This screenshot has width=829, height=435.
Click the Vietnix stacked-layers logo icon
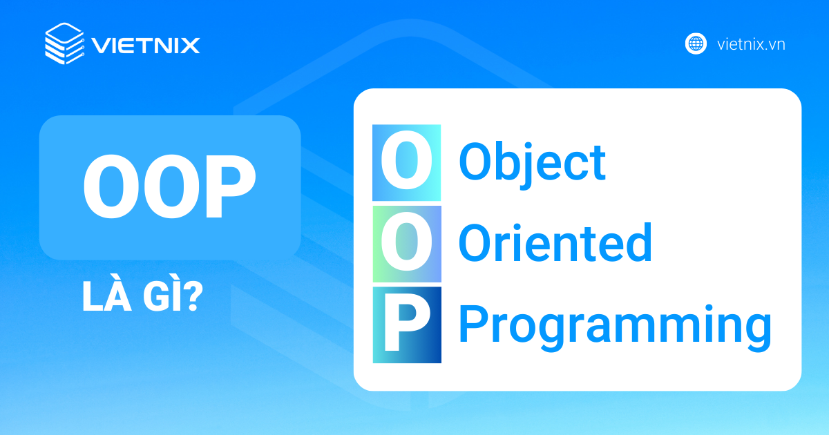pyautogui.click(x=65, y=43)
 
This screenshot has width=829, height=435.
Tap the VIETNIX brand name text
pyautogui.click(x=146, y=46)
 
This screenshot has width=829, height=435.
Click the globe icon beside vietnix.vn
pyautogui.click(x=696, y=43)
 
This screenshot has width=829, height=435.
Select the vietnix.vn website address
pyautogui.click(x=751, y=44)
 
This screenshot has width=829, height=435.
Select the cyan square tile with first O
pyautogui.click(x=407, y=163)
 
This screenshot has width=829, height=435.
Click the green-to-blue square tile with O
pyautogui.click(x=407, y=244)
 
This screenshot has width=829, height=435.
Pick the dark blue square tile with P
pyautogui.click(x=407, y=325)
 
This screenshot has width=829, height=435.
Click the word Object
pyautogui.click(x=532, y=164)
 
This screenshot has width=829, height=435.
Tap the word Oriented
pyautogui.click(x=555, y=242)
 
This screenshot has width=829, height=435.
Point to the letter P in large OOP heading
pyautogui.click(x=231, y=186)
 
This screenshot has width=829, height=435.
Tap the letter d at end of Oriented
pyautogui.click(x=639, y=242)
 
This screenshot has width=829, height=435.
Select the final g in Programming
pyautogui.click(x=758, y=332)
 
